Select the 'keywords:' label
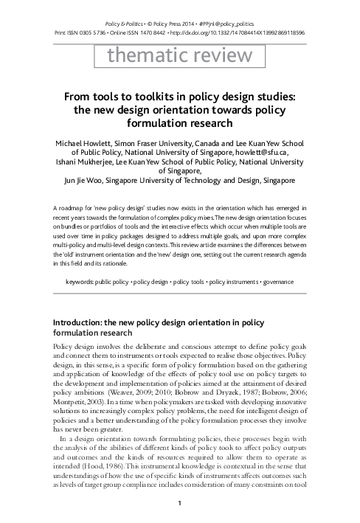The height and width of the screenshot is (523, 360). (x=80, y=282)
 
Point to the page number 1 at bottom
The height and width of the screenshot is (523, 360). (x=180, y=503)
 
